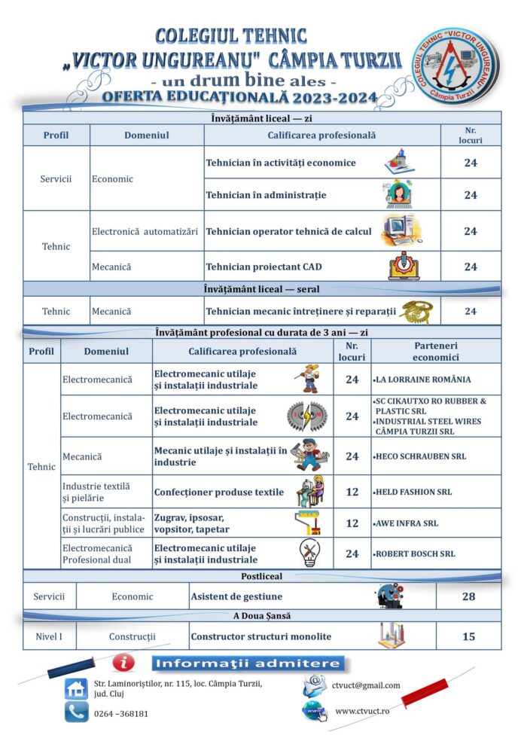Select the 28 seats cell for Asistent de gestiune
(468, 596)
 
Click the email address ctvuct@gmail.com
(365, 685)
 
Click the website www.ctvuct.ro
(361, 711)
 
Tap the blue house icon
(76, 688)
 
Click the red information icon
(123, 663)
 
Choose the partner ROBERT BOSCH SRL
(416, 553)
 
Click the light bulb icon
(309, 552)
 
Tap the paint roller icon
(309, 523)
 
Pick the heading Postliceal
(261, 576)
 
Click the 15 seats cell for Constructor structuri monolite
(468, 636)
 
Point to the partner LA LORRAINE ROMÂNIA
(424, 380)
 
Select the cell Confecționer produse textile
(219, 492)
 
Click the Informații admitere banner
(248, 663)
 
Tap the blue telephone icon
(75, 712)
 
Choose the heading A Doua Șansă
(261, 616)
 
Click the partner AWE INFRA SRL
(407, 523)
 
